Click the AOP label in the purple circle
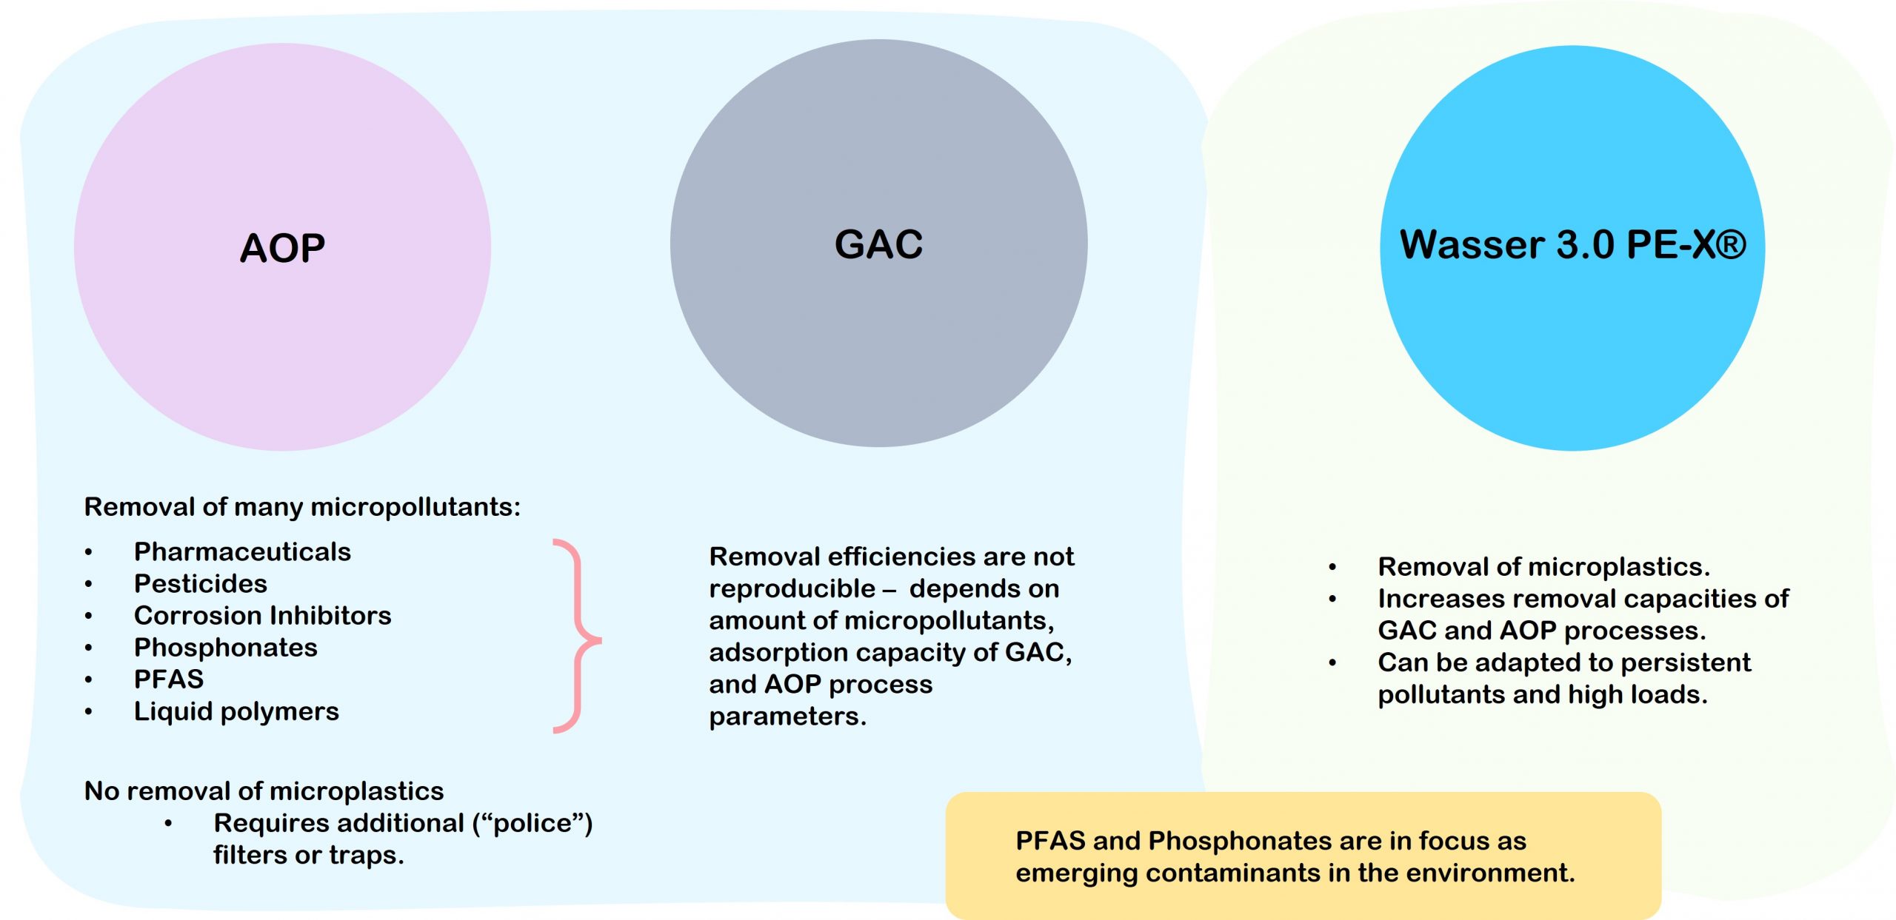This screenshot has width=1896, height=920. [x=282, y=248]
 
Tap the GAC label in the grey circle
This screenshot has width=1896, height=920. [x=878, y=244]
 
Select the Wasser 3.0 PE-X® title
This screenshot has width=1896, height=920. [x=1572, y=245]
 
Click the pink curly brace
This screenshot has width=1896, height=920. [x=578, y=637]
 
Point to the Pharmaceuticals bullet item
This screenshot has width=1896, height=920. [x=242, y=552]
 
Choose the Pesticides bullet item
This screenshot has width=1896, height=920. [x=200, y=584]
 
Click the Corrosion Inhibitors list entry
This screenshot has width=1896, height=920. [x=262, y=616]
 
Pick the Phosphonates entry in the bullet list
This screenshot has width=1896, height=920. [x=225, y=648]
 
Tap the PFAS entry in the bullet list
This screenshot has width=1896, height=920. [x=168, y=679]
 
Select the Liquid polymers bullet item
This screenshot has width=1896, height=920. [x=236, y=711]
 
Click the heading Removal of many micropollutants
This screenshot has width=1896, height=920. [x=302, y=507]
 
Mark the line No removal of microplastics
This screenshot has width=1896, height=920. [x=264, y=791]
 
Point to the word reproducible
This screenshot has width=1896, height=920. [x=792, y=589]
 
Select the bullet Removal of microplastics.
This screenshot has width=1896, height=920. [x=1543, y=567]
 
